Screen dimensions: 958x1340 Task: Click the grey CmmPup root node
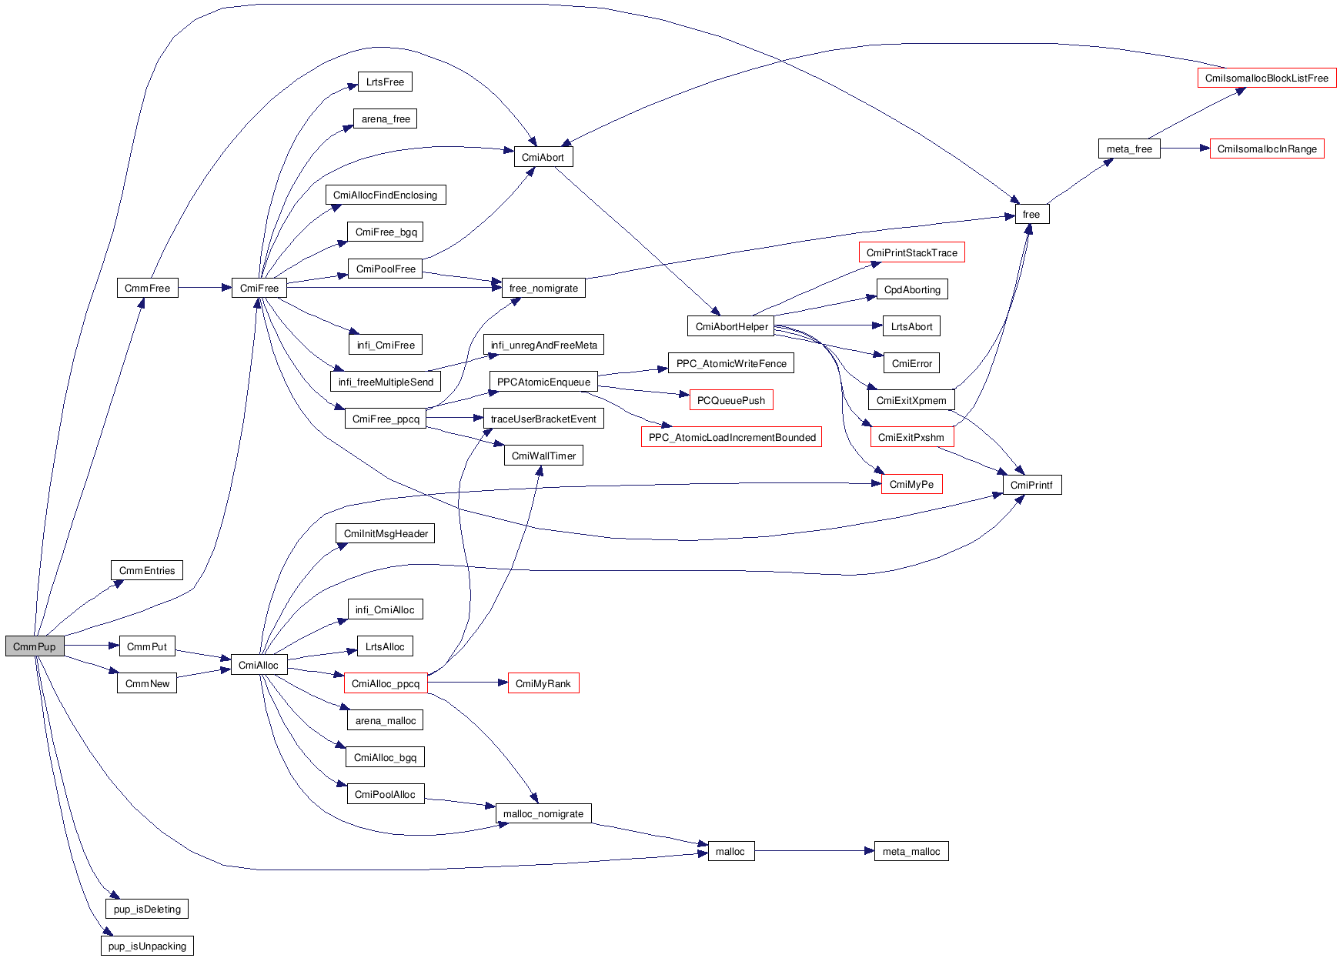click(35, 646)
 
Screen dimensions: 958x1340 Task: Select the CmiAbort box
click(543, 157)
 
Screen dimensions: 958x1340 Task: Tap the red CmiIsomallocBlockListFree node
click(1266, 78)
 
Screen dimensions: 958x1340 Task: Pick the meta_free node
click(1129, 149)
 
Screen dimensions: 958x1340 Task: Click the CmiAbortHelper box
click(731, 326)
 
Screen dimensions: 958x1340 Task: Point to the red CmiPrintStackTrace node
click(911, 252)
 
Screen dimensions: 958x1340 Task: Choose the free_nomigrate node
click(543, 288)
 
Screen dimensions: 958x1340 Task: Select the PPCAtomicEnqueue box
click(543, 382)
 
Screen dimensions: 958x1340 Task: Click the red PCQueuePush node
click(730, 400)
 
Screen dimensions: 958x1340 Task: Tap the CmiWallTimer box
click(543, 456)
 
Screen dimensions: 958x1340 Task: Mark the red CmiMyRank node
click(543, 683)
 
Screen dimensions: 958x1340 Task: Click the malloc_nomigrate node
click(543, 813)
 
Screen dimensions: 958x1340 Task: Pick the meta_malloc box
click(911, 851)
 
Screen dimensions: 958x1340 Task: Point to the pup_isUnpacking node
click(147, 946)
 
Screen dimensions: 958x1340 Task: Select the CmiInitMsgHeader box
click(386, 533)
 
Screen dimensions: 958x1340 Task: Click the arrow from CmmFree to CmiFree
click(205, 288)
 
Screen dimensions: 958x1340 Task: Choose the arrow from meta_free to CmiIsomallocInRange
click(1185, 149)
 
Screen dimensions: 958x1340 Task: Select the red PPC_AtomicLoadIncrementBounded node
click(731, 437)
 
